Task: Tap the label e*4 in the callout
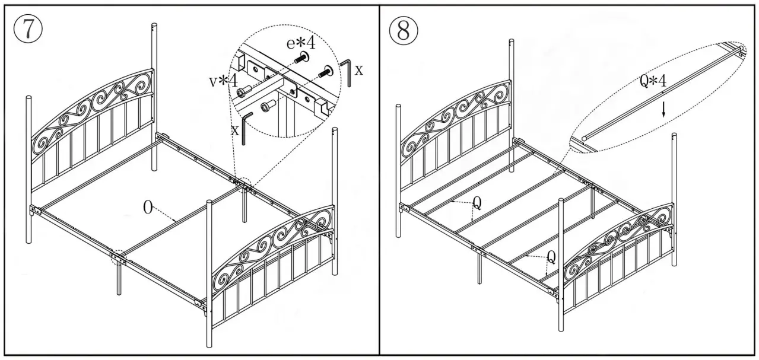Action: pyautogui.click(x=300, y=43)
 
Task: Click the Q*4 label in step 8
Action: pyautogui.click(x=653, y=82)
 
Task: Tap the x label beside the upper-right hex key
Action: pyautogui.click(x=358, y=70)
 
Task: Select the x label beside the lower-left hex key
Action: pyautogui.click(x=235, y=129)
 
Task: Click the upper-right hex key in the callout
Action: pyautogui.click(x=346, y=71)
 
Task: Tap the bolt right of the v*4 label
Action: pyautogui.click(x=243, y=93)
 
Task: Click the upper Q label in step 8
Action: pyautogui.click(x=477, y=203)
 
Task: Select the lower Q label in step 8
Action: pyautogui.click(x=551, y=257)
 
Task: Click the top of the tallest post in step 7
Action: pyautogui.click(x=154, y=27)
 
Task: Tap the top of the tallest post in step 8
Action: pyautogui.click(x=512, y=43)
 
